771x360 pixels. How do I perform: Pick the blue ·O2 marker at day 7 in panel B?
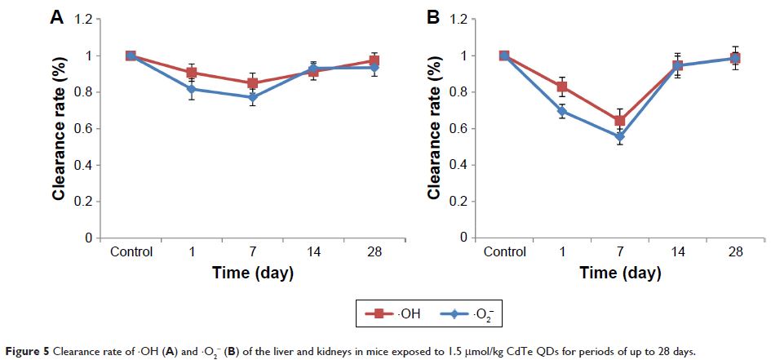click(x=620, y=136)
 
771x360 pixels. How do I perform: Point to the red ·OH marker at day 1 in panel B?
click(x=562, y=87)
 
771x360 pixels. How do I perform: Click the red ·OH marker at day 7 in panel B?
click(x=620, y=121)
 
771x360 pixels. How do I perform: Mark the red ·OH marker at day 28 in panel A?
click(x=374, y=61)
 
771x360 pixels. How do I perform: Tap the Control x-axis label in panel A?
click(x=131, y=252)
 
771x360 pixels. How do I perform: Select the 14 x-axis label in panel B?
click(x=678, y=252)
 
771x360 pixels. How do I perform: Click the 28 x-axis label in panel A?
click(x=374, y=252)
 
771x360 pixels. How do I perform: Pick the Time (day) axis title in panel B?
click(x=619, y=273)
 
